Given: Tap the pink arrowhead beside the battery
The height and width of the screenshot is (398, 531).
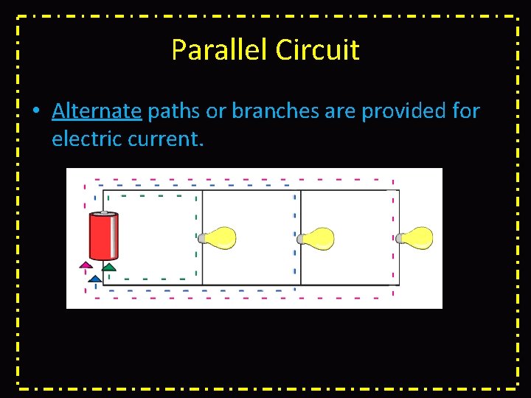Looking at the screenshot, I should point(86,264).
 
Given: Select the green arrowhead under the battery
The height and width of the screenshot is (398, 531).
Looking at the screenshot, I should point(109,267).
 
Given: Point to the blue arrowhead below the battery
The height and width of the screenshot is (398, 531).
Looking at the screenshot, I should point(95,279).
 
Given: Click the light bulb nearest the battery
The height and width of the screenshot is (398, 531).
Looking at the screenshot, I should point(218,238).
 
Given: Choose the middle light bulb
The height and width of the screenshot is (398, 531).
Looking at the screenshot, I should point(316,238).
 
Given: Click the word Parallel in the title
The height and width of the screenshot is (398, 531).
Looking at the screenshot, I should point(220,50).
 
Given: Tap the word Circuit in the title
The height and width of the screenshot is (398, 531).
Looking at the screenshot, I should point(318,50).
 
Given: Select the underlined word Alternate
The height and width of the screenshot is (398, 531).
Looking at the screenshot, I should point(97,111).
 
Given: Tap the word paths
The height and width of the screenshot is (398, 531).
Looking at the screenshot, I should point(174,112).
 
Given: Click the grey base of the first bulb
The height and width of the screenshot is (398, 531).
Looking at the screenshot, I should point(201,238).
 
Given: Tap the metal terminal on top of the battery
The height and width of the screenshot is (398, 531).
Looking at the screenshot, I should point(103,213).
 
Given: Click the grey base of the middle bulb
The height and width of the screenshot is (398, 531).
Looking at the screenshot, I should point(299,239).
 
